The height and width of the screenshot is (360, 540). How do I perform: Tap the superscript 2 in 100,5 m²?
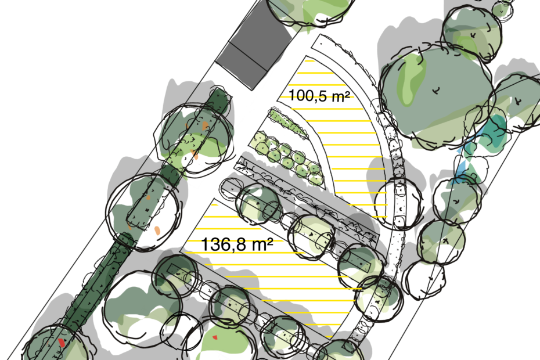tap(346, 93)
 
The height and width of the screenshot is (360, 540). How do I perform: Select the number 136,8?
tap(224, 244)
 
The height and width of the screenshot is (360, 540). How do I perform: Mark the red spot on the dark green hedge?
tap(62, 343)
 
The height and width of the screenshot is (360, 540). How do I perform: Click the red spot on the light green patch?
tap(215, 337)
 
